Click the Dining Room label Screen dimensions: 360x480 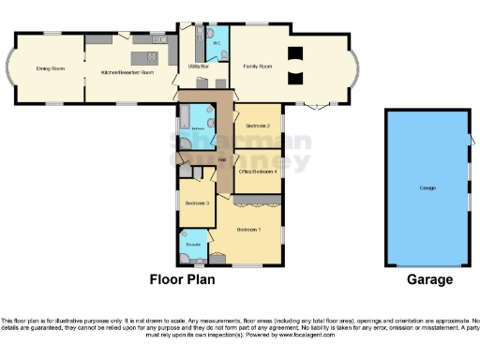[51, 68]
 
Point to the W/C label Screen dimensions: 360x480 [216, 43]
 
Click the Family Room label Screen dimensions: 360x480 [258, 66]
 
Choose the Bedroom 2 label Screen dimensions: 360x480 [258, 126]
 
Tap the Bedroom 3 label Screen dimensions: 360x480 [196, 203]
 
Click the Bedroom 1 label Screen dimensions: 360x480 [248, 230]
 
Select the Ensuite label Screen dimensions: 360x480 [193, 246]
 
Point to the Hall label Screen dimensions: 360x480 [222, 160]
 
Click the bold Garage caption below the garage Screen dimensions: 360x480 [428, 279]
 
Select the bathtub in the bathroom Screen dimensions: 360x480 [185, 119]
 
